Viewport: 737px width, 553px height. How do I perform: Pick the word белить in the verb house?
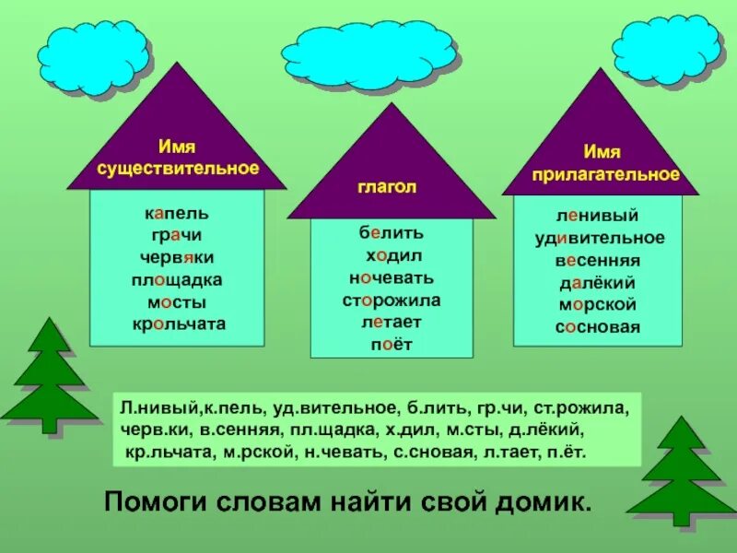pos(391,234)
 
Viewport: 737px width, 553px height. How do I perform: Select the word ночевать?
pos(391,277)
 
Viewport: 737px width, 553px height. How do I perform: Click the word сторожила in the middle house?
pos(391,300)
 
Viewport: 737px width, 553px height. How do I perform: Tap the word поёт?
pos(391,345)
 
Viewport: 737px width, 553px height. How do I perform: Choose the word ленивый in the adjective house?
pos(598,216)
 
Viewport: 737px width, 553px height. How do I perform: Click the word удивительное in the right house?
pos(598,238)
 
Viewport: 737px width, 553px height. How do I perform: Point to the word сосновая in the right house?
pos(598,326)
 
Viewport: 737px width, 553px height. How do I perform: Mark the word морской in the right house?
pos(598,304)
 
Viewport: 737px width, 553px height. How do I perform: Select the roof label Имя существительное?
pos(178,158)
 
